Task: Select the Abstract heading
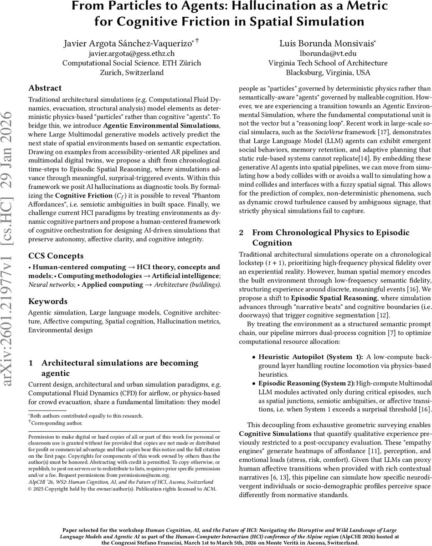(45, 88)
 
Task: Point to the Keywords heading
(48, 301)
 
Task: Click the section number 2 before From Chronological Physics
(242, 233)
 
